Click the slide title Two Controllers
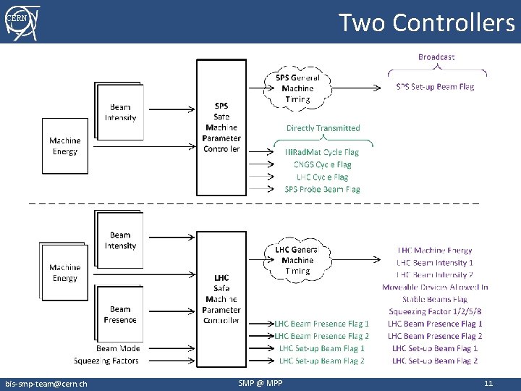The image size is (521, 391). pyautogui.click(x=426, y=22)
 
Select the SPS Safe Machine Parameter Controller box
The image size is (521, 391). pyautogui.click(x=221, y=127)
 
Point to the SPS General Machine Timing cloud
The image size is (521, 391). pyautogui.click(x=297, y=88)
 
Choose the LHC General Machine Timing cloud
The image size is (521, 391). pyautogui.click(x=297, y=261)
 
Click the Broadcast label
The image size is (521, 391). pyautogui.click(x=436, y=56)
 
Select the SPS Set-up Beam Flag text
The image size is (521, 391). pyautogui.click(x=436, y=87)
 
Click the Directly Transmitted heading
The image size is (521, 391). pyautogui.click(x=323, y=128)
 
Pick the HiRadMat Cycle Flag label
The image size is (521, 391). pyautogui.click(x=322, y=153)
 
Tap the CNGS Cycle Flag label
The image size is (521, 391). pyautogui.click(x=322, y=165)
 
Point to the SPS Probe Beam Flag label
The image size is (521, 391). pyautogui.click(x=322, y=190)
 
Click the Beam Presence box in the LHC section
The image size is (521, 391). pyautogui.click(x=120, y=314)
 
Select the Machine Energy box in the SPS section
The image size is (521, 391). pyautogui.click(x=65, y=146)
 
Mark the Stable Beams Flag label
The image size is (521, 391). pyautogui.click(x=435, y=299)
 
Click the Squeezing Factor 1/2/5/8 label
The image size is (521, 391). pyautogui.click(x=435, y=311)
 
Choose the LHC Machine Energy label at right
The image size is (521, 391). pyautogui.click(x=435, y=251)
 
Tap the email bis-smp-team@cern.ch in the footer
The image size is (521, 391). pyautogui.click(x=46, y=384)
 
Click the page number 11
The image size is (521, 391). pyautogui.click(x=488, y=384)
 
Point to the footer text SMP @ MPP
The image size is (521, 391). pyautogui.click(x=260, y=384)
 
